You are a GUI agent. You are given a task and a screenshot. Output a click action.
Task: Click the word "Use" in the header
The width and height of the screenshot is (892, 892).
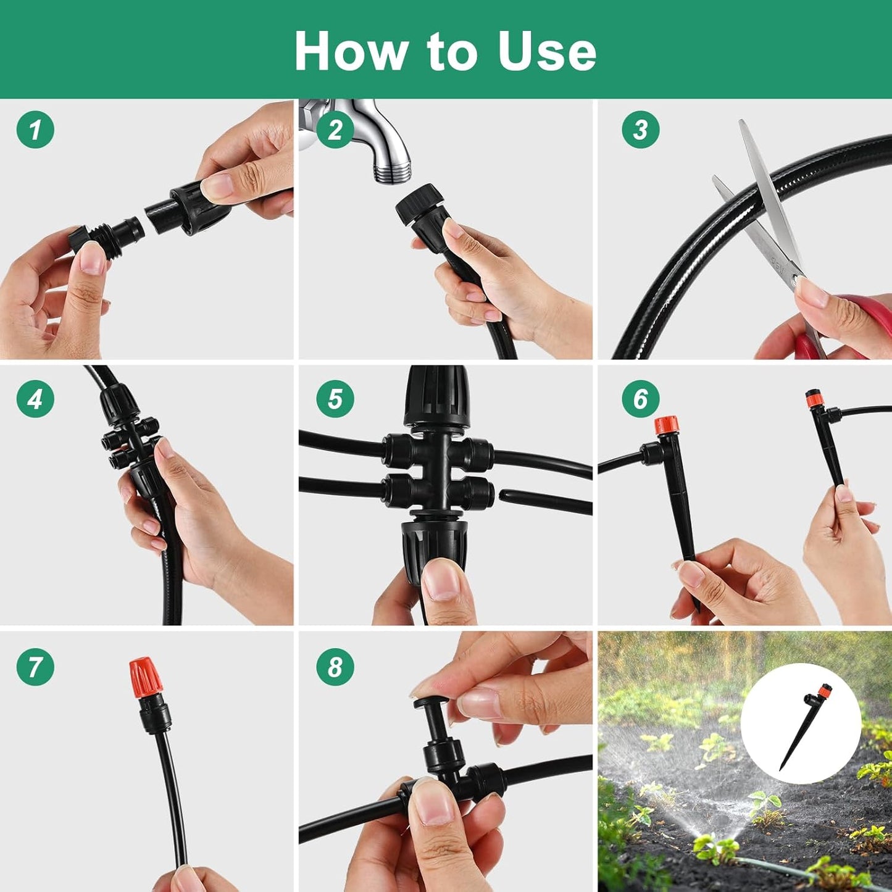point(547,51)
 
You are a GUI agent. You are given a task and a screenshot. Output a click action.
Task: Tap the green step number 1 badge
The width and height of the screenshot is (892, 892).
point(35,130)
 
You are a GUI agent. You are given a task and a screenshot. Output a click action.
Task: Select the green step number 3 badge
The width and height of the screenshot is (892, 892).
point(640,130)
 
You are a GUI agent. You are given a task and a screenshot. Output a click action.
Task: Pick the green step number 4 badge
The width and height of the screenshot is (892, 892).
point(35,399)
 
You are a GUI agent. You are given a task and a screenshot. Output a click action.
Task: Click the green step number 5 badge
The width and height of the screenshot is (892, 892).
point(335,399)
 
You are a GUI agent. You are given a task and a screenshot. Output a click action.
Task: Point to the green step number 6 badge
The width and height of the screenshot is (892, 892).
point(640,399)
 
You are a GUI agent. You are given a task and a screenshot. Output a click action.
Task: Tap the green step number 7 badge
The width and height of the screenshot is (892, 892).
point(35,667)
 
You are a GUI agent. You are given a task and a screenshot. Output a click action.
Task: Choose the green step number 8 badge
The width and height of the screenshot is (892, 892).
point(335,667)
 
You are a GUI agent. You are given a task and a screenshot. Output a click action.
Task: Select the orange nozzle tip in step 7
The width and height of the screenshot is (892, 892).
point(146,678)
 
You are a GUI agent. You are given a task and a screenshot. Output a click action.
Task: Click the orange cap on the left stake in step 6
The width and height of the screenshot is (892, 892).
point(667,426)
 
